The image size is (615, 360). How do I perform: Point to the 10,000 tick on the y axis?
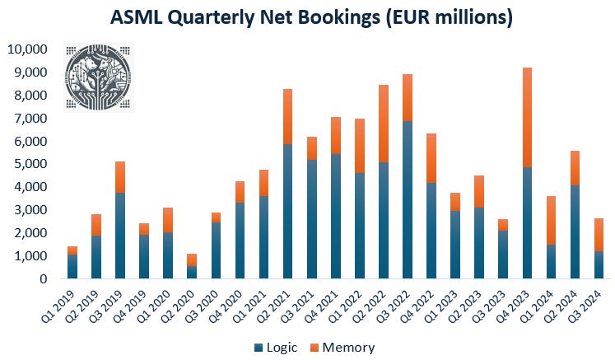[x=26, y=49]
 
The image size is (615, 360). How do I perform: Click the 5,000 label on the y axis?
[x=30, y=164]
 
